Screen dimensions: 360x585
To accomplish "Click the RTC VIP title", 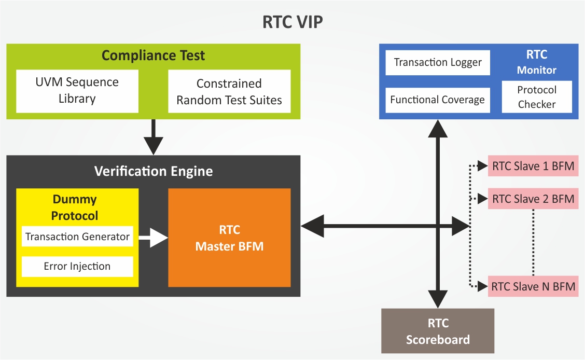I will coord(292,23).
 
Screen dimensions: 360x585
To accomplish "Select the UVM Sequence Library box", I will coord(77,90).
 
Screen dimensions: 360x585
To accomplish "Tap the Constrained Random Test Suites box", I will coord(229,92).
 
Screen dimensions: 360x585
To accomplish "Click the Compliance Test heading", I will coord(153,55).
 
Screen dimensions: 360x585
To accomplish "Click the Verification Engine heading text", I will coord(154,171).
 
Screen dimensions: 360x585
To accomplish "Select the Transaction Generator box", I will coord(77,237).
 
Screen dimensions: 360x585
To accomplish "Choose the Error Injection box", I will coord(77,266).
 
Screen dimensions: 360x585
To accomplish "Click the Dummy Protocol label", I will coord(75,207).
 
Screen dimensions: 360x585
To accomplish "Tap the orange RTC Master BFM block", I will coord(229,238).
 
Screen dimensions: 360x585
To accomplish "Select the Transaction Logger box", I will coord(438,62).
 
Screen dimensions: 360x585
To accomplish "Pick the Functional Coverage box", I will coord(438,100).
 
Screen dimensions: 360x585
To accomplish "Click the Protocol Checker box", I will coord(537,97).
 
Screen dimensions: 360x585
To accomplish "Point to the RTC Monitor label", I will coord(537,62).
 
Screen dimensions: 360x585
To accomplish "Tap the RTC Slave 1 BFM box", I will coord(533,167).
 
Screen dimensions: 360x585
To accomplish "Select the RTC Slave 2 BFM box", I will coord(533,199).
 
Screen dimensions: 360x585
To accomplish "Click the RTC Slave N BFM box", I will coord(533,286).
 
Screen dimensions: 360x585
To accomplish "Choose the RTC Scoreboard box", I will coord(438,331).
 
